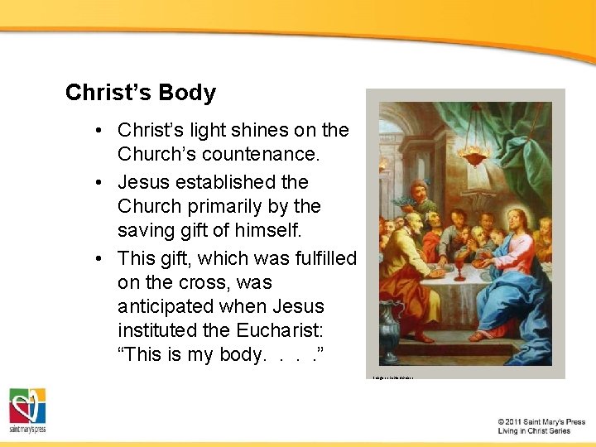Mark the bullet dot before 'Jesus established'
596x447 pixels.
point(99,182)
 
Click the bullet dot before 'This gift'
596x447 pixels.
point(99,258)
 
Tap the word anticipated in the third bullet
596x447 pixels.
point(162,306)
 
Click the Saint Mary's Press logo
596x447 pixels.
point(27,410)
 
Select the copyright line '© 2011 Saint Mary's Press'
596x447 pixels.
point(541,422)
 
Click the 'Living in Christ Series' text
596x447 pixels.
point(534,431)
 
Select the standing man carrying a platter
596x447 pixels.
point(420,199)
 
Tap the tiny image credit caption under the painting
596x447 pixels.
point(393,377)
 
